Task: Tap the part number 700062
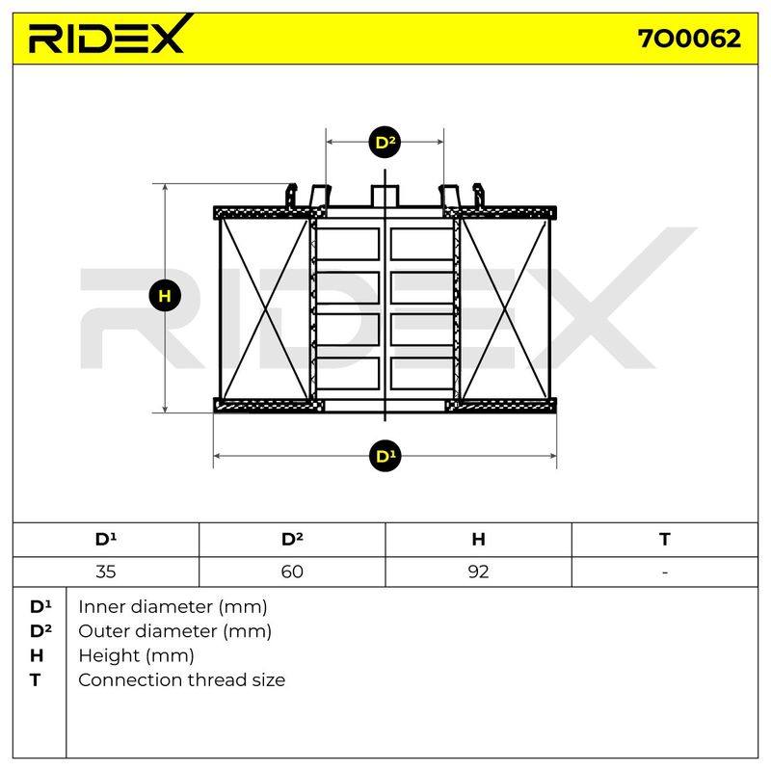689,39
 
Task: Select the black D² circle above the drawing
385,142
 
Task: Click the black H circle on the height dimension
165,296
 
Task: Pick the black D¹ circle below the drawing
385,456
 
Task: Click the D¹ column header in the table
106,540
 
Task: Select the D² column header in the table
292,540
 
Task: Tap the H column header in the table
478,540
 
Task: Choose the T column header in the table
665,540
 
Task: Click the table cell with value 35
106,572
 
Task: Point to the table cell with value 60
292,572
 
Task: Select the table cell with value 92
478,572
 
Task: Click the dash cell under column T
665,572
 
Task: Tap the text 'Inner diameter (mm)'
173,607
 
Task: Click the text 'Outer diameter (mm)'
174,631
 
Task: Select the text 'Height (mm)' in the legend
136,656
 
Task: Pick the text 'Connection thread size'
181,680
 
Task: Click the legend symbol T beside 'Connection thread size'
35,680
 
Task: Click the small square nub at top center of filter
385,196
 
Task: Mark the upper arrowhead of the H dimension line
165,188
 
